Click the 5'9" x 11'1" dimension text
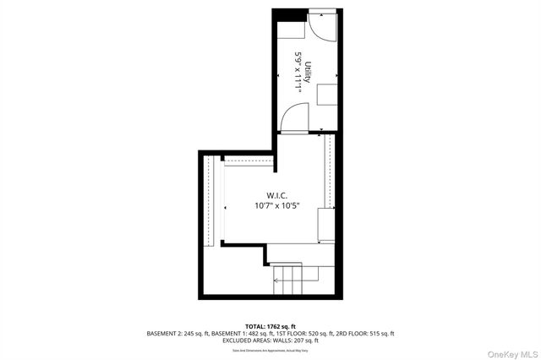(298, 71)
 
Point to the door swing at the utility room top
(322, 27)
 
